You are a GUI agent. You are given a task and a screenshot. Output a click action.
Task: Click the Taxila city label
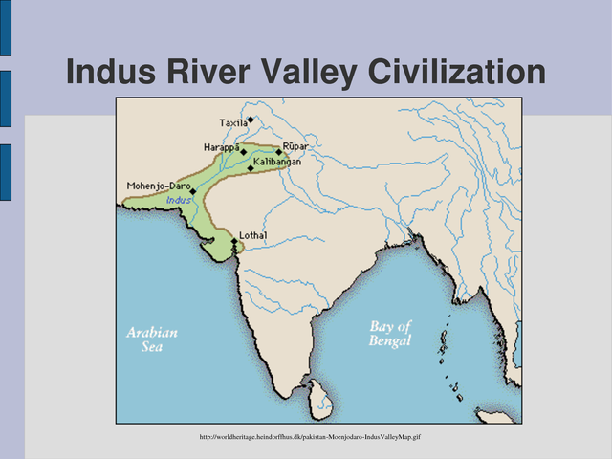(233, 123)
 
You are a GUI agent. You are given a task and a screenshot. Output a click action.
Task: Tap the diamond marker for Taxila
(251, 120)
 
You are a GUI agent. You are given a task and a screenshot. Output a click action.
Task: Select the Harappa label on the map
(221, 147)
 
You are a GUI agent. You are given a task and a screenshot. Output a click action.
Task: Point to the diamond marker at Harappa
(243, 151)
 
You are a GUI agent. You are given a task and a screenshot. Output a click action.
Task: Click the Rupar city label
(295, 146)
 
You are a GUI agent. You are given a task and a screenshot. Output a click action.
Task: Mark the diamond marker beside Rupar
(279, 152)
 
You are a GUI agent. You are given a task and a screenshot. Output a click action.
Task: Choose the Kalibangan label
(279, 163)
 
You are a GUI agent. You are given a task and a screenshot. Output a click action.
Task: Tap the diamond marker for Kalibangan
(251, 168)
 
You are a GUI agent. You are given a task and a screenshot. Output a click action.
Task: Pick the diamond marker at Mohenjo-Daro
(193, 191)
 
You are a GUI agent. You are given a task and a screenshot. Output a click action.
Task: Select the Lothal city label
(253, 235)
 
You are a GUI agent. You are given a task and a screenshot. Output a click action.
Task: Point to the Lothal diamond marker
(234, 241)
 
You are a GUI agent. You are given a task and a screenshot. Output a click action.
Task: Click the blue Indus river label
(178, 200)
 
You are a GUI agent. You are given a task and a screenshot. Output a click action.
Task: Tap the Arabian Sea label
(152, 339)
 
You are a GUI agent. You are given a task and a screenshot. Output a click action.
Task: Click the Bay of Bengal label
(390, 333)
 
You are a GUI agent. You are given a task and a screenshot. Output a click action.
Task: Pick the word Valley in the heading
(300, 73)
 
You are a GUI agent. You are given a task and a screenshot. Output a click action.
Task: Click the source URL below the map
(310, 437)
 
